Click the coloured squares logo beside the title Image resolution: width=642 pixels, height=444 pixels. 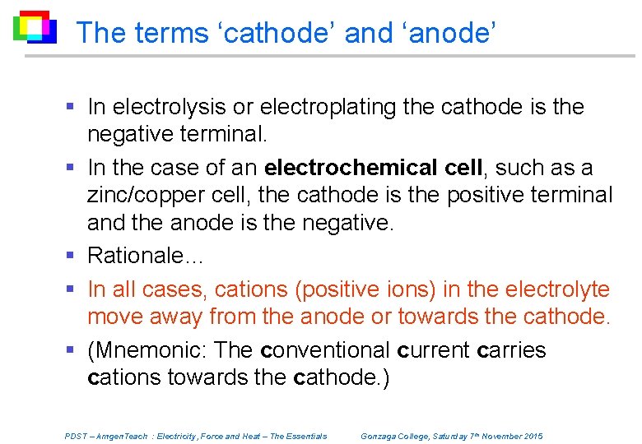pos(35,27)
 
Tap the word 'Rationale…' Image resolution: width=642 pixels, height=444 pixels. pos(145,256)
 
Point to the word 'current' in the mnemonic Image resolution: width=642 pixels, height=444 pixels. pos(434,350)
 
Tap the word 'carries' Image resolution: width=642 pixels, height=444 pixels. pos(511,350)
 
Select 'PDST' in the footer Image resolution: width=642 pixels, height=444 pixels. pos(76,437)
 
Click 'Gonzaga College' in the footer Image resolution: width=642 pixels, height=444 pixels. pos(394,437)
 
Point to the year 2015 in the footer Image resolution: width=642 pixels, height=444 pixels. pos(533,437)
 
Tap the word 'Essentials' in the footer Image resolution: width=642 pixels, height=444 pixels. pos(305,437)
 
